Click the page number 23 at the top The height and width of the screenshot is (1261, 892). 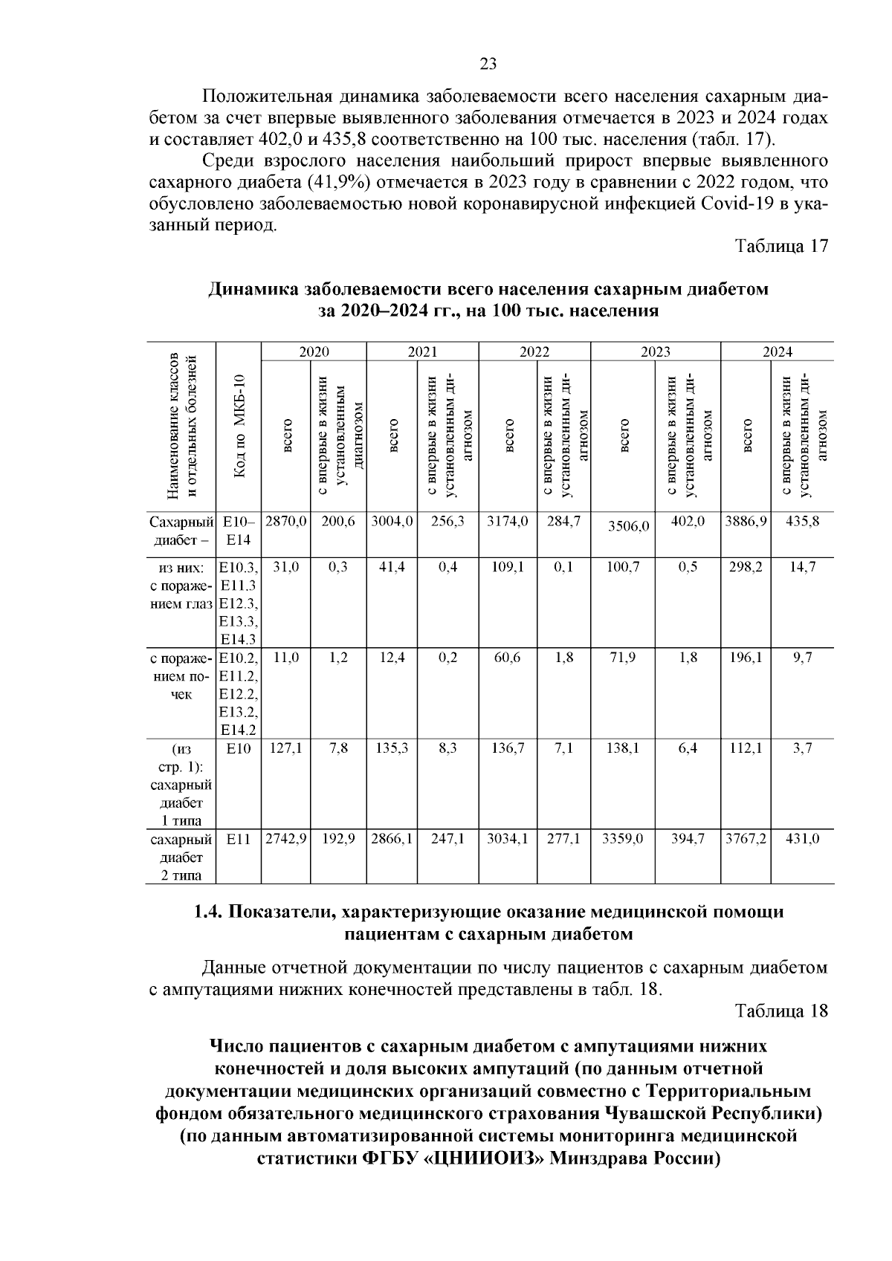pyautogui.click(x=488, y=64)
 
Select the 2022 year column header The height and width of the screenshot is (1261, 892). pyautogui.click(x=534, y=352)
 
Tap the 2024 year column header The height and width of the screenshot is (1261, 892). pyautogui.click(x=777, y=352)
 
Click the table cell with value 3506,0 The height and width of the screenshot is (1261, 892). pyautogui.click(x=628, y=526)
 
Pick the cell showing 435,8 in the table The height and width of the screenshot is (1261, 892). pyautogui.click(x=803, y=521)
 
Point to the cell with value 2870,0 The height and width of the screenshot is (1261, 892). pyautogui.click(x=286, y=521)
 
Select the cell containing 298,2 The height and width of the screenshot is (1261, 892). pyautogui.click(x=746, y=566)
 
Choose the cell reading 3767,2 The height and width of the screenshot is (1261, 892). pyautogui.click(x=746, y=839)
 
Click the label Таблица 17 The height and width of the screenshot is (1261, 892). pyautogui.click(x=781, y=246)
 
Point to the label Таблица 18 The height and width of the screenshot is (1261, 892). pyautogui.click(x=781, y=1011)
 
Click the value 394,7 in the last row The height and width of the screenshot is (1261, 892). pyautogui.click(x=688, y=839)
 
